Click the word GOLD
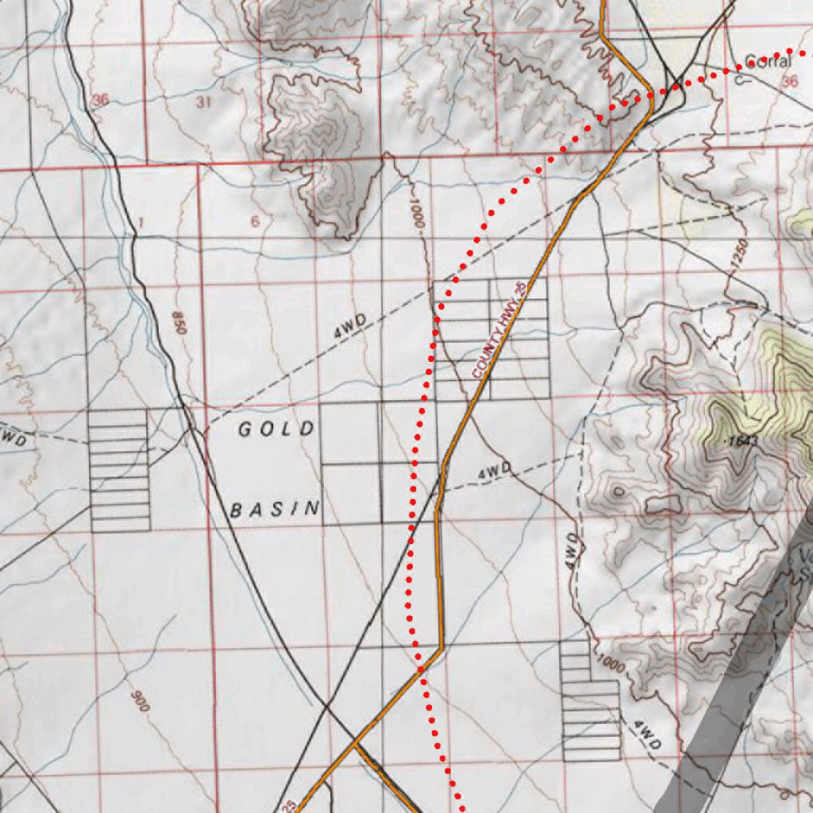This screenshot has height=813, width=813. click(276, 430)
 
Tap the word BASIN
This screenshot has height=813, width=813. click(275, 509)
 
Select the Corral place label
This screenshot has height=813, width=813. click(769, 60)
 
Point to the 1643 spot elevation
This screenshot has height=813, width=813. click(742, 440)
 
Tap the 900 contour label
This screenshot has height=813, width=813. click(139, 699)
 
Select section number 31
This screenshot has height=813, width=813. click(203, 102)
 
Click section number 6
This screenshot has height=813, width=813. click(254, 221)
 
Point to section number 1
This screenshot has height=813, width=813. click(140, 222)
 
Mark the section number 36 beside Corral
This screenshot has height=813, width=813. click(788, 81)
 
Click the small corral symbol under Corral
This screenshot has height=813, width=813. click(740, 79)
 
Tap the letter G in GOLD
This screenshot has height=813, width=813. click(245, 430)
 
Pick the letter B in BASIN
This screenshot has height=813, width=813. click(236, 510)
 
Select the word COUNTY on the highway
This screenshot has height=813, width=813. click(487, 358)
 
